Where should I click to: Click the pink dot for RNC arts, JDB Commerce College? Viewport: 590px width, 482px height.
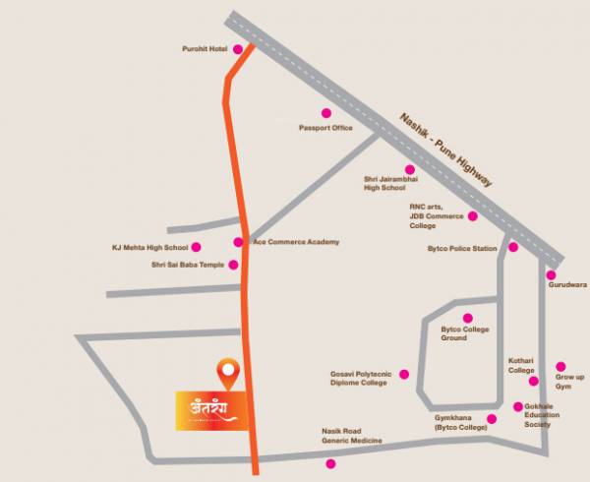(x=472, y=215)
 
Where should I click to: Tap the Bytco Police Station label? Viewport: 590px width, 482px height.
(x=461, y=249)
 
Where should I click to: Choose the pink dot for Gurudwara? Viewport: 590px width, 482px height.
(x=552, y=275)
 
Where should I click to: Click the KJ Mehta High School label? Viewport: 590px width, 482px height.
(x=151, y=247)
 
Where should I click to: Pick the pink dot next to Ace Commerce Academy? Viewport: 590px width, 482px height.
(x=238, y=242)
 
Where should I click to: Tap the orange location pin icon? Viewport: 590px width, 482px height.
(x=229, y=371)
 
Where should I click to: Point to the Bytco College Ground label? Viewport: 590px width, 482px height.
(x=465, y=333)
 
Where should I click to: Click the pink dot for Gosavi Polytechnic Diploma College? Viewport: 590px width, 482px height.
(x=396, y=380)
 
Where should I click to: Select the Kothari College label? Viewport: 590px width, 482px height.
(x=520, y=366)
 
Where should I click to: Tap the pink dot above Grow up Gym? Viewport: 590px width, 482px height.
(x=561, y=365)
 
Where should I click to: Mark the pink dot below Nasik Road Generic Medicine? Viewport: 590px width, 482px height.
(x=330, y=463)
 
